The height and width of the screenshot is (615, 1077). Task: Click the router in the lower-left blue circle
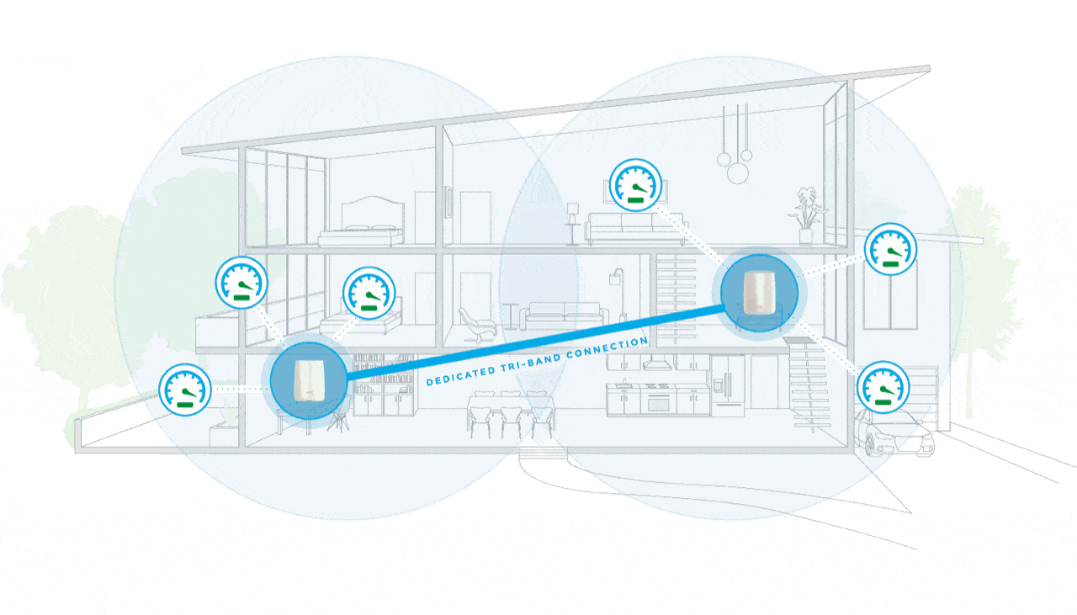[308, 380]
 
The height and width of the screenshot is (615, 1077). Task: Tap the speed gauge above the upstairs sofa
[635, 185]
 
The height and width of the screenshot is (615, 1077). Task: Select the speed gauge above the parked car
[883, 387]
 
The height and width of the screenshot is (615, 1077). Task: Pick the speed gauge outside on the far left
[185, 390]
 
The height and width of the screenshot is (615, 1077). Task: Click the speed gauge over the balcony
[241, 283]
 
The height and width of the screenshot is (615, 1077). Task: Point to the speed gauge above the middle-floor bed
[369, 293]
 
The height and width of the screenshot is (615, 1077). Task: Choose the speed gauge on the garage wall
[890, 249]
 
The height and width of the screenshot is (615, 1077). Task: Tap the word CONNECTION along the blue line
[607, 347]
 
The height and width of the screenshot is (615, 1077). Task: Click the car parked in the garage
[894, 432]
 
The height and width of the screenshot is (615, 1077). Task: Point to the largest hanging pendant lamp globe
[738, 173]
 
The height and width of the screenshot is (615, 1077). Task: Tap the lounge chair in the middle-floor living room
[476, 324]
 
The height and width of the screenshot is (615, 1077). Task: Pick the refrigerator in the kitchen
[728, 385]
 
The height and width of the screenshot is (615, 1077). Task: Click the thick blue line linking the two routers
[534, 343]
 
